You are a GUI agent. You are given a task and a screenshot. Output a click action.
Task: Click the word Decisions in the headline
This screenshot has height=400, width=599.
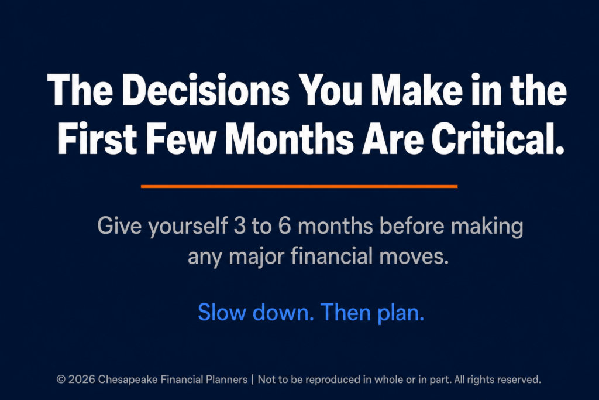point(206,90)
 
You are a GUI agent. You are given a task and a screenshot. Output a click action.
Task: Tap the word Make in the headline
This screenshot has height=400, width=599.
point(417,90)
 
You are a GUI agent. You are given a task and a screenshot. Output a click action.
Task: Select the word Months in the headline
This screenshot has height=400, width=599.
point(289,138)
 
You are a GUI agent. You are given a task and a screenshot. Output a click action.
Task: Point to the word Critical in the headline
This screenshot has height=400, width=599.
point(497,138)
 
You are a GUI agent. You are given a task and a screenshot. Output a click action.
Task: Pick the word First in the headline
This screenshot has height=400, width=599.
point(98,138)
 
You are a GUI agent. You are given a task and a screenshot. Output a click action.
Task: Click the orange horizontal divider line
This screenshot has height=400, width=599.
point(299,187)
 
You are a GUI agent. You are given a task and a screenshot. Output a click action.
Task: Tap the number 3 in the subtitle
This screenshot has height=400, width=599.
point(239,225)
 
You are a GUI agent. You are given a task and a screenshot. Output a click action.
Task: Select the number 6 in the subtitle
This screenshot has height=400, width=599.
point(285,225)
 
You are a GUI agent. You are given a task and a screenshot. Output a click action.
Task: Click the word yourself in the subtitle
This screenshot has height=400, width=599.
point(188,227)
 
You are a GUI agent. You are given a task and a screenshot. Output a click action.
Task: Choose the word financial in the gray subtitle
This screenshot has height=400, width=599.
point(332,255)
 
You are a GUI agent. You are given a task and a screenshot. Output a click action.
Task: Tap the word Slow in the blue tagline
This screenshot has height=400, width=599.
point(222,312)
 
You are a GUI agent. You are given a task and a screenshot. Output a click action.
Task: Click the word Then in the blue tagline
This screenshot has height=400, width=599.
point(346,312)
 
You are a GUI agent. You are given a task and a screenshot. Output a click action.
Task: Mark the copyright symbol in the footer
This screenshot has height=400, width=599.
point(61,380)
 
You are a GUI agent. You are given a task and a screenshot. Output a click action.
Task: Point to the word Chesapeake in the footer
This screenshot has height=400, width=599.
point(128,380)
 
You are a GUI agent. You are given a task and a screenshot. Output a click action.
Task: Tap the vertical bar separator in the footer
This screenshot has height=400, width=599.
point(253,380)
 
